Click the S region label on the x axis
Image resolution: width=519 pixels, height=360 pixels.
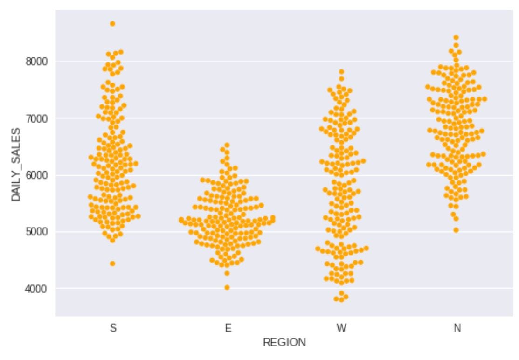112,328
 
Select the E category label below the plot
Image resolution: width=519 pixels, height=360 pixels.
227,328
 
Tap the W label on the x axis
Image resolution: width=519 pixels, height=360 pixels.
342,328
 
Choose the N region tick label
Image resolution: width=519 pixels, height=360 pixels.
457,328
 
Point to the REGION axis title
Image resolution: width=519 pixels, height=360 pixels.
284,343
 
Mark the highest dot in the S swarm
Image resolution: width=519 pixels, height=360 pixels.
112,24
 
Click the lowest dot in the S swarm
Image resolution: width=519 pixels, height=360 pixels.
112,263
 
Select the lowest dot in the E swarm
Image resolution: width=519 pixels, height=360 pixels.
227,287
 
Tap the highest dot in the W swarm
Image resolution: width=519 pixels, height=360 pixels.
342,72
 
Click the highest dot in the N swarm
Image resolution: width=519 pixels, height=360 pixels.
456,37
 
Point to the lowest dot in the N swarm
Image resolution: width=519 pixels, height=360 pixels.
456,230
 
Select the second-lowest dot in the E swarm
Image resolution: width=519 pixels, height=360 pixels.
227,273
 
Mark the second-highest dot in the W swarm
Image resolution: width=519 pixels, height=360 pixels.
342,78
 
